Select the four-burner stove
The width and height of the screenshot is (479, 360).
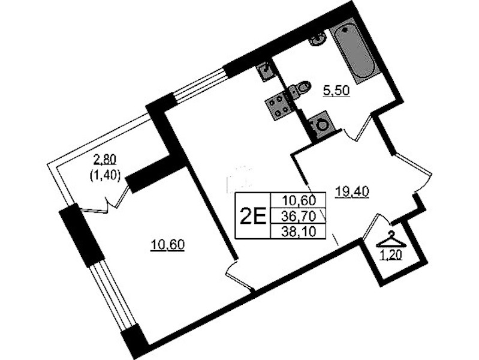coord(279,107)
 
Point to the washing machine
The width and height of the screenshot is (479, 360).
coord(320,125)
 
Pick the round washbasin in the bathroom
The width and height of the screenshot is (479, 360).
coord(318,39)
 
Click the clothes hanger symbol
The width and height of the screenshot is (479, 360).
coord(391,239)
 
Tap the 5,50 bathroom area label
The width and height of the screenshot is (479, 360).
coord(336,91)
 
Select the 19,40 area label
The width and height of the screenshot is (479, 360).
coord(352,192)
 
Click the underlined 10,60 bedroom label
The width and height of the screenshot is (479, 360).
coord(167,245)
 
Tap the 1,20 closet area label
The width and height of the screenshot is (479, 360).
coord(390,254)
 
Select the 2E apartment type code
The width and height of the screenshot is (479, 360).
coord(253,216)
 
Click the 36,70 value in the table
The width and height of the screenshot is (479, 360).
coord(299,217)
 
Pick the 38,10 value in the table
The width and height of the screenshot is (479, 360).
coord(299,232)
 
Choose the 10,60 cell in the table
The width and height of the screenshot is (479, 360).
coord(299,201)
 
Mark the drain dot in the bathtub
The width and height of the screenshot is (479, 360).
coord(345,30)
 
